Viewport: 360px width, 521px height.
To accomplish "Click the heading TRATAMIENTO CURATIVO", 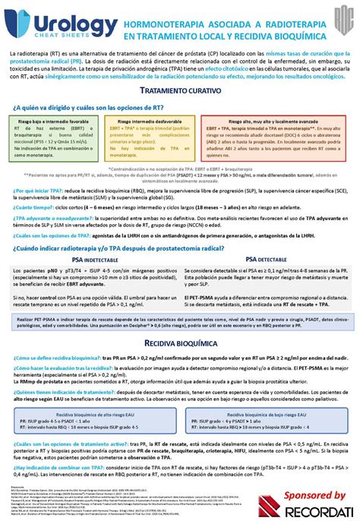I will (180, 90).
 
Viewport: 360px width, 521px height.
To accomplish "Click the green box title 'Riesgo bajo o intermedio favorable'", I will (54, 122).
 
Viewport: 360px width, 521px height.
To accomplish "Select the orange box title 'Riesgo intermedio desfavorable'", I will (149, 122).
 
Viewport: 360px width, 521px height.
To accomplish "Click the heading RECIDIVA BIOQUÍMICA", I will (180, 344).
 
